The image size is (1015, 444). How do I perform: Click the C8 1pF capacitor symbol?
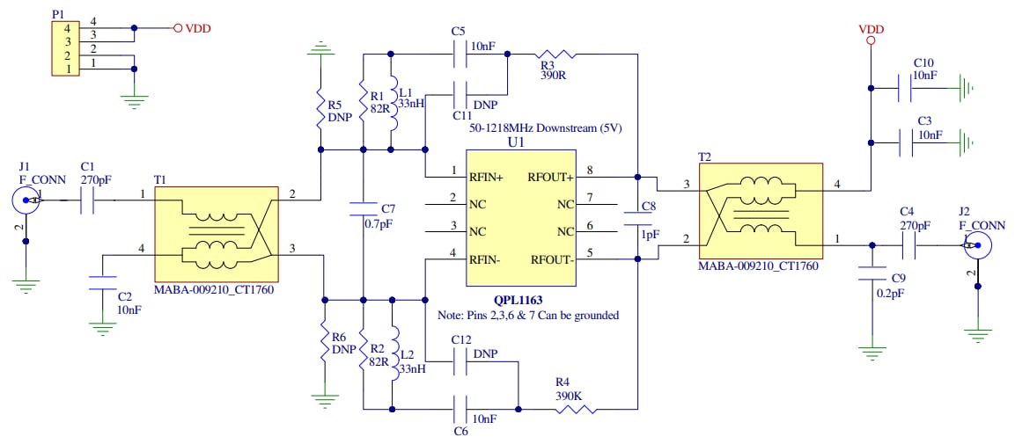636,218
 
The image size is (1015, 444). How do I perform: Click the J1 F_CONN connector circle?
26,201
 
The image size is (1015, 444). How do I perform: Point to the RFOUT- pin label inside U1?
551,259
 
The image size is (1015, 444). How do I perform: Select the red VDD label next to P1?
198,28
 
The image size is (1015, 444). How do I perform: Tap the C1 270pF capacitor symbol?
88,202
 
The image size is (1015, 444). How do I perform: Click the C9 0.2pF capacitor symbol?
872,270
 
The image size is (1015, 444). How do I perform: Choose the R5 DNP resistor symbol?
321,110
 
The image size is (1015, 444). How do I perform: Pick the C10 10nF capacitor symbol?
904,87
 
